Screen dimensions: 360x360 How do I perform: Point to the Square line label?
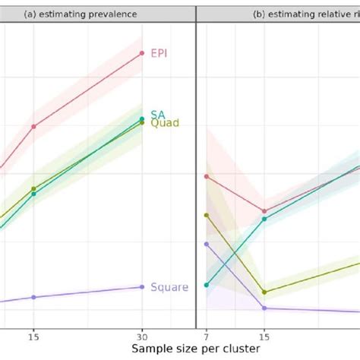tap(169, 287)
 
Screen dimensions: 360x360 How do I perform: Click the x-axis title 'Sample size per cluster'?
tap(179, 348)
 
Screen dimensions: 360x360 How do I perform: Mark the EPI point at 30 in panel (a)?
tap(142, 53)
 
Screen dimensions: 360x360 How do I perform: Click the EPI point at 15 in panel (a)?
tap(33, 126)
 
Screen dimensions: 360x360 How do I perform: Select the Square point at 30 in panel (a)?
tap(142, 286)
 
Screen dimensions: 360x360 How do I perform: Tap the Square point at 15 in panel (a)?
tap(33, 297)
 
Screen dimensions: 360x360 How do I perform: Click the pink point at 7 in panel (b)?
tap(206, 176)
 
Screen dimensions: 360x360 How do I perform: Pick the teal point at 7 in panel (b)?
tap(206, 286)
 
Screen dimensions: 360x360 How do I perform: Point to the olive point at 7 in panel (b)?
tap(206, 215)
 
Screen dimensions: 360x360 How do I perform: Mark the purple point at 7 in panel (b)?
tap(206, 244)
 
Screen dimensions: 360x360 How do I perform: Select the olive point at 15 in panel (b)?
tap(264, 292)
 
